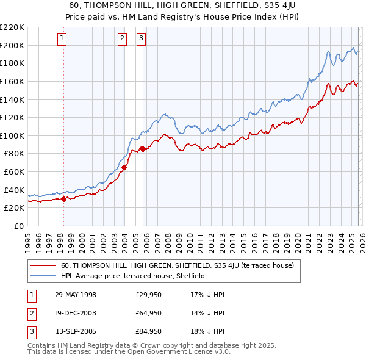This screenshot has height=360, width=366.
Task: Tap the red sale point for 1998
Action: [63, 198]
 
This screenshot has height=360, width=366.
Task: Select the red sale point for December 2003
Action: [124, 167]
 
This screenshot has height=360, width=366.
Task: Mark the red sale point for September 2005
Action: [143, 149]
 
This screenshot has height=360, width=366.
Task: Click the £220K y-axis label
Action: [13, 27]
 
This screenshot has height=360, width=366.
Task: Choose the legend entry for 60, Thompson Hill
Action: [178, 265]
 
